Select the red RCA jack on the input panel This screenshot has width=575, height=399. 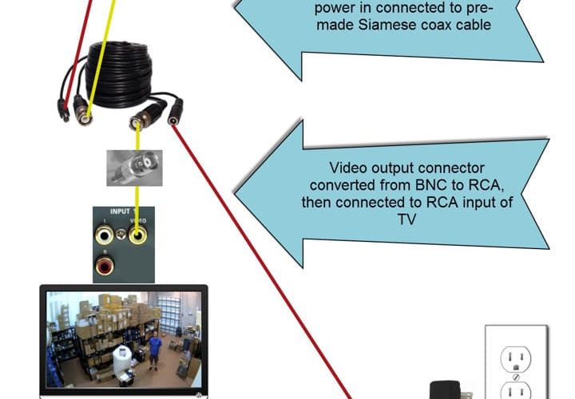point(104,264)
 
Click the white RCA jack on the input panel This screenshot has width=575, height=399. point(104,235)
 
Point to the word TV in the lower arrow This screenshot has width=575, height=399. point(406,217)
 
